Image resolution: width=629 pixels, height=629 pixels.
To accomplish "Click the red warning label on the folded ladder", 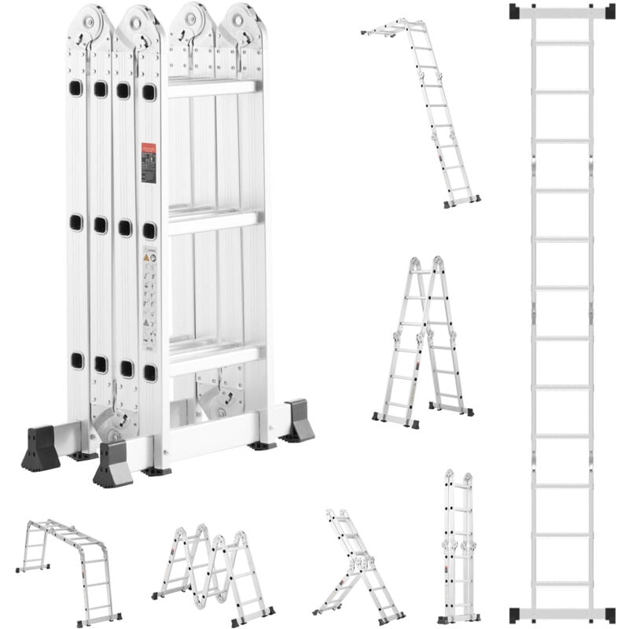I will click(x=149, y=163).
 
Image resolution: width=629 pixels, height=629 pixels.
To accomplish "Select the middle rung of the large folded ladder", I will click(x=213, y=222).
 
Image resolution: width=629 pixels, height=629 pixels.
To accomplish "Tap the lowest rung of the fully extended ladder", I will click(x=562, y=583).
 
